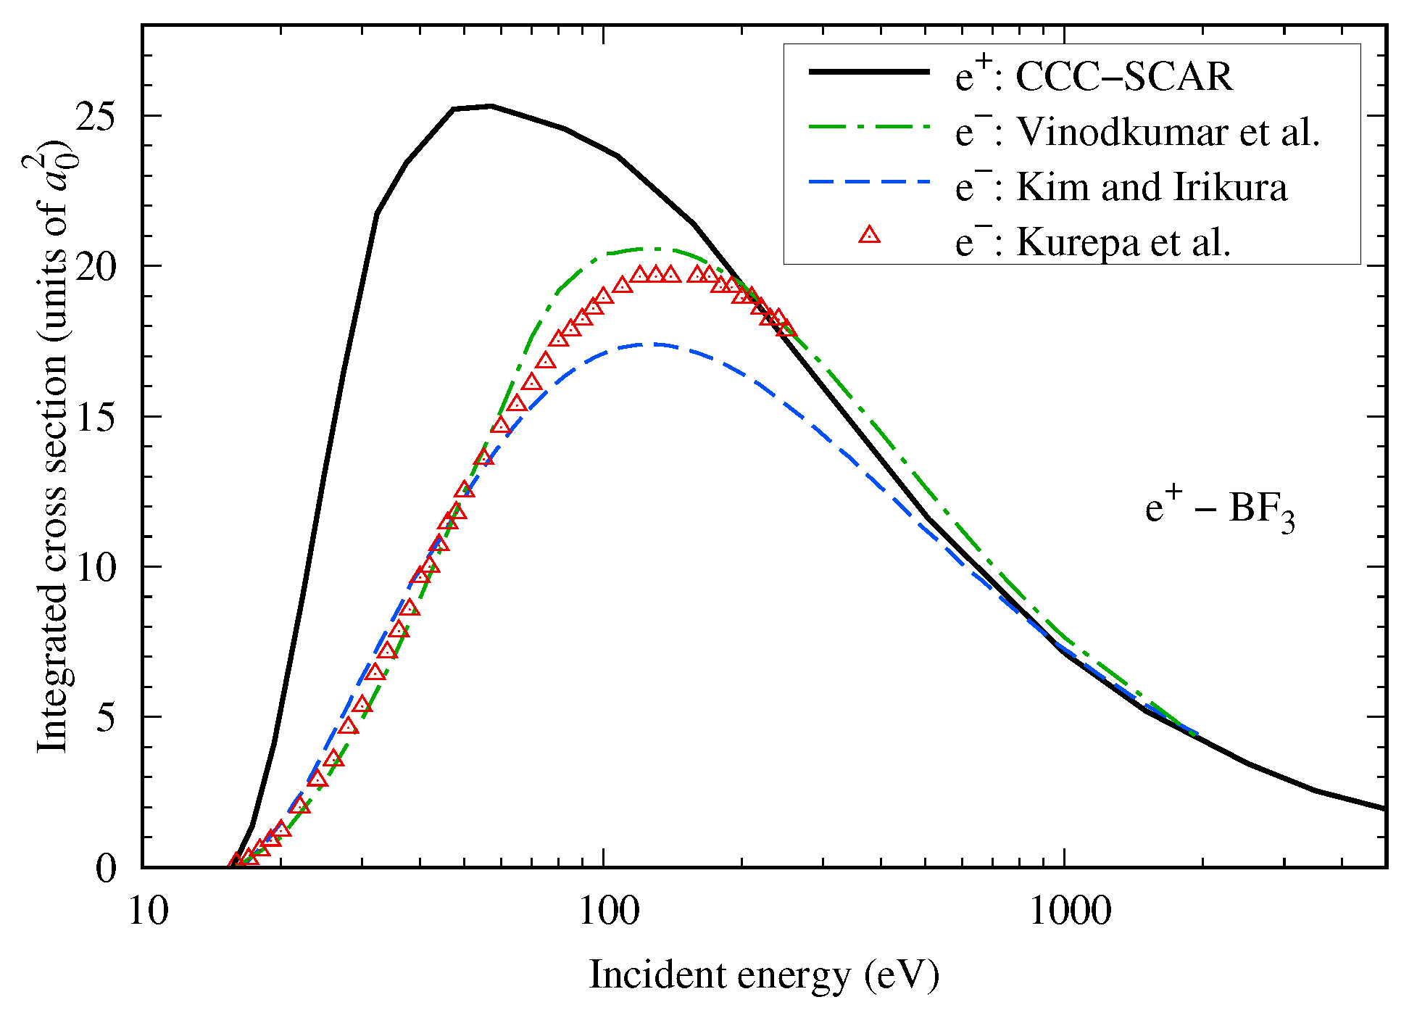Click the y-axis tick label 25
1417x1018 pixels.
(x=96, y=116)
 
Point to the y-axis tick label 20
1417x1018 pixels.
(x=96, y=267)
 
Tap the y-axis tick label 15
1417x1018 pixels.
(x=96, y=417)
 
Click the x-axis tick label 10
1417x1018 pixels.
(x=149, y=911)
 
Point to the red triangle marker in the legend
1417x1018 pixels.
(x=869, y=235)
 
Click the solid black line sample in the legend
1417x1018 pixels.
(x=869, y=72)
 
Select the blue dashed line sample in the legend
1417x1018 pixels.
(x=869, y=181)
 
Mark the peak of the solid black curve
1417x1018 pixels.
(x=491, y=107)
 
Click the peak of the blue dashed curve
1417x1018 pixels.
(x=652, y=344)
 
